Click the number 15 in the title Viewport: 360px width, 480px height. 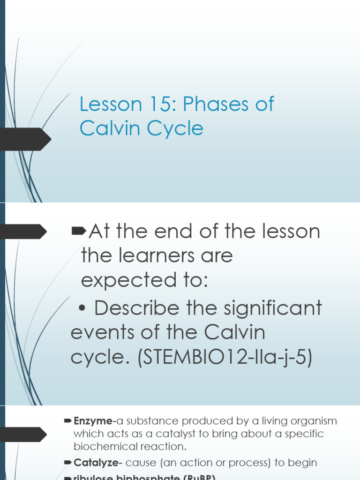tap(157, 105)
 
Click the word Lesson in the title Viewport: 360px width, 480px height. tap(110, 105)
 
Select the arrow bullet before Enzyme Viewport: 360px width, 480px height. tap(67, 421)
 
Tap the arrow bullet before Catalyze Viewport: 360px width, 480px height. tap(67, 463)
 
